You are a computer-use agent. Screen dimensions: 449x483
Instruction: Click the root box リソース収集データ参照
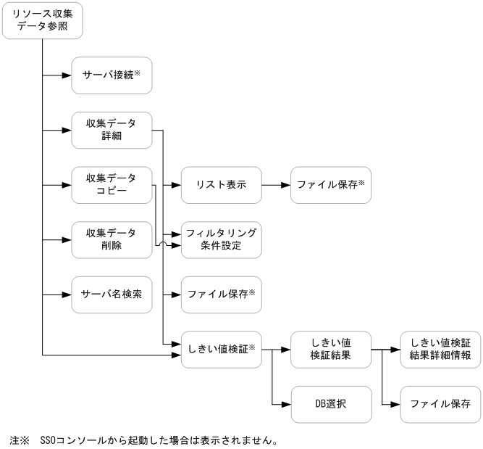click(x=43, y=20)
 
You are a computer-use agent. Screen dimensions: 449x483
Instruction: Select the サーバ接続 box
click(x=112, y=75)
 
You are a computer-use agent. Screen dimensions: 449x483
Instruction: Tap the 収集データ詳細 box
click(x=112, y=131)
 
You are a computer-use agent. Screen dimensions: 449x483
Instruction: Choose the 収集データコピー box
click(x=112, y=185)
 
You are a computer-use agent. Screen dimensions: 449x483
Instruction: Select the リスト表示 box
click(x=222, y=185)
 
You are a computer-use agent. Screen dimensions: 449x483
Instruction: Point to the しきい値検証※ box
click(x=222, y=349)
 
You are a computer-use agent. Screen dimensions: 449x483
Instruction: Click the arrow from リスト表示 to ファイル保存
click(x=276, y=185)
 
